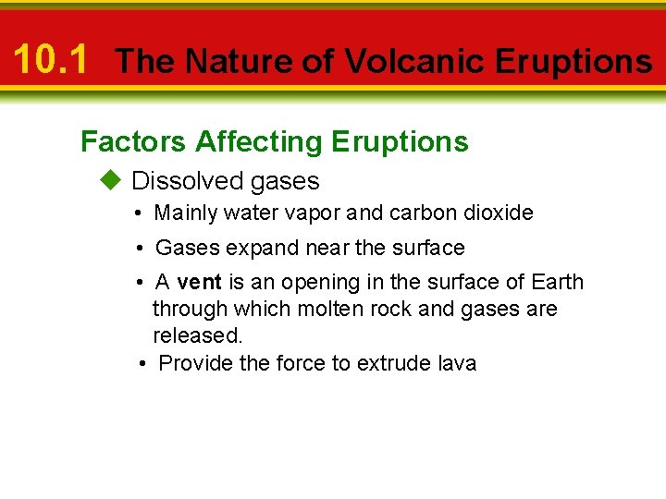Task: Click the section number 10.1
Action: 51,60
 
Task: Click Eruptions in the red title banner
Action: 573,62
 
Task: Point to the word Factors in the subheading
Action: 134,141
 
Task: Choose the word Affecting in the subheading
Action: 259,141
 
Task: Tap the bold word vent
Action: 199,282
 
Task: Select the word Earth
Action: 558,282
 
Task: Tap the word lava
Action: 454,363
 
